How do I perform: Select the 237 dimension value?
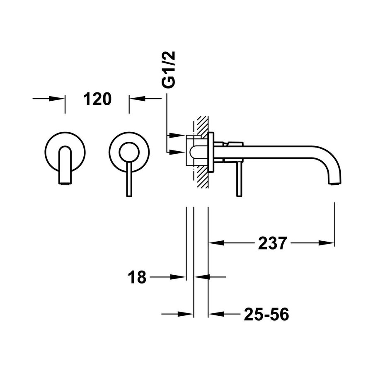point(272,243)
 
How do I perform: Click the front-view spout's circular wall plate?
point(65,152)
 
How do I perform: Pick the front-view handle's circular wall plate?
point(129,152)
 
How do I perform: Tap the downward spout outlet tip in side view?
point(335,182)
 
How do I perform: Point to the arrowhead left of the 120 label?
point(58,99)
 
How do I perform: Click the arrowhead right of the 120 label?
point(137,99)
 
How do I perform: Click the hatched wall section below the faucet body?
point(202,178)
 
